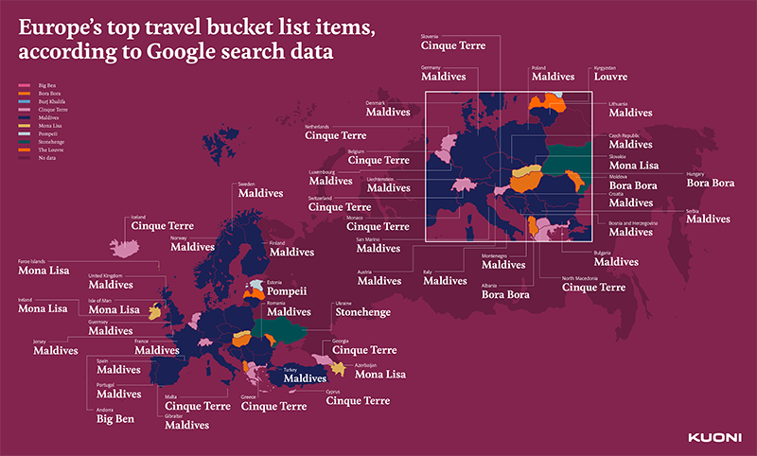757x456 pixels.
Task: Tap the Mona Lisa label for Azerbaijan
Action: click(379, 375)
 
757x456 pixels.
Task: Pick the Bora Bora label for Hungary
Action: click(710, 184)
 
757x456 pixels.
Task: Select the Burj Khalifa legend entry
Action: click(53, 100)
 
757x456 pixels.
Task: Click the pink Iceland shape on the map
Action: click(123, 247)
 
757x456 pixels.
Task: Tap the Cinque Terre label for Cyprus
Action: click(358, 401)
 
